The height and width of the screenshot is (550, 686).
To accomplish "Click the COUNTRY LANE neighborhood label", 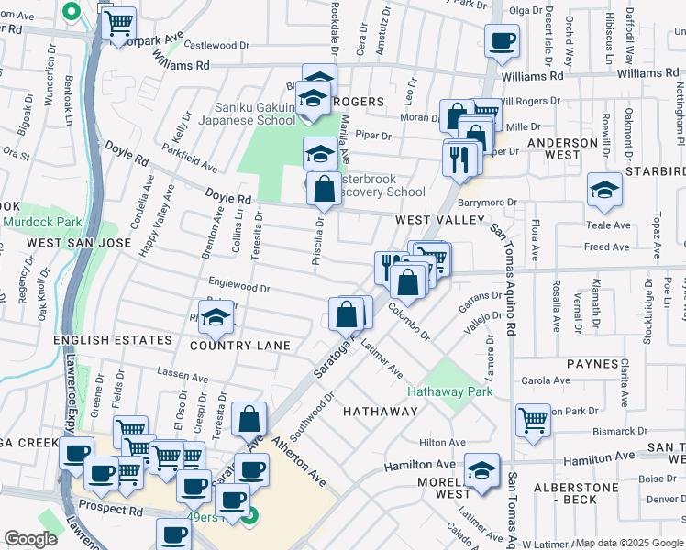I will click(x=240, y=346).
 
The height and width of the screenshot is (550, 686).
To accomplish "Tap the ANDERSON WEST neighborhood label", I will click(x=563, y=149).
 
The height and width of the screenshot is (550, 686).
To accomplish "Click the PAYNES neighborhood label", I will click(x=592, y=364).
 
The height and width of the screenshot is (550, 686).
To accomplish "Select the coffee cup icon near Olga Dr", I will click(x=502, y=40).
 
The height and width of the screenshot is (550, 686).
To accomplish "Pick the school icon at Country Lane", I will click(x=216, y=317).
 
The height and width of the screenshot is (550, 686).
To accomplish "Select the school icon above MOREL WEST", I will click(x=481, y=469).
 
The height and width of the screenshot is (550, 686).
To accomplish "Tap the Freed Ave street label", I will click(x=607, y=247).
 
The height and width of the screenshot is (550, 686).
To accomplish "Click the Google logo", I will click(x=31, y=539).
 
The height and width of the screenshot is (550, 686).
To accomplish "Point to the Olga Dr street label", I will click(x=526, y=10).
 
